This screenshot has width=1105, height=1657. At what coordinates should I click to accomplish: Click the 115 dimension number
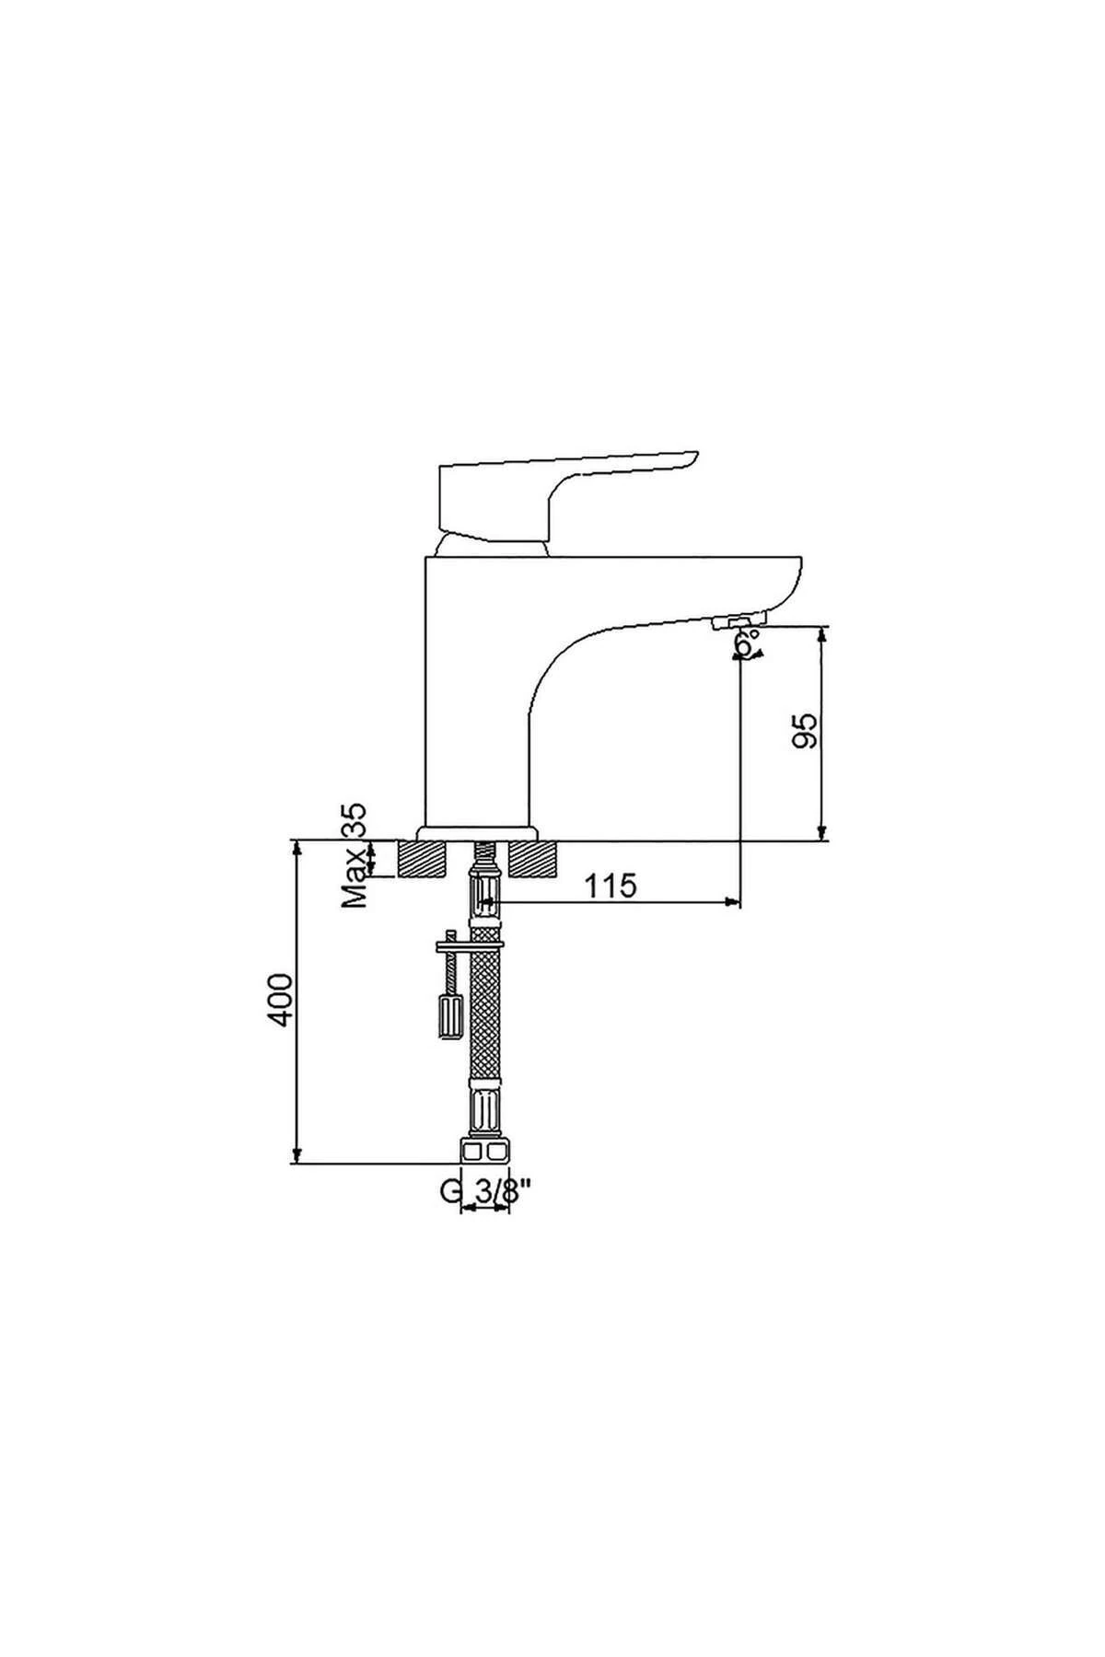tap(611, 886)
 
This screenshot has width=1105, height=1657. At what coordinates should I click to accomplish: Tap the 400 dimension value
tap(282, 1000)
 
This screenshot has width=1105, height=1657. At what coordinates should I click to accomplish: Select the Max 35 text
tap(355, 856)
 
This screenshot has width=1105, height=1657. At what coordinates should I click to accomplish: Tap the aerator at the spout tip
tap(737, 624)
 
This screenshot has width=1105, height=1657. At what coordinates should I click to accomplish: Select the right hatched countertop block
tap(534, 859)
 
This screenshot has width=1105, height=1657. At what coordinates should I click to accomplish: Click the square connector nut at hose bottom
tap(484, 1151)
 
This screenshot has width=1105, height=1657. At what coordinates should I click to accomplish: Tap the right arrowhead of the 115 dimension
tap(733, 903)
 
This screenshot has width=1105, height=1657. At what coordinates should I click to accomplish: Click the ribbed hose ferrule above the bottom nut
tap(484, 1111)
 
